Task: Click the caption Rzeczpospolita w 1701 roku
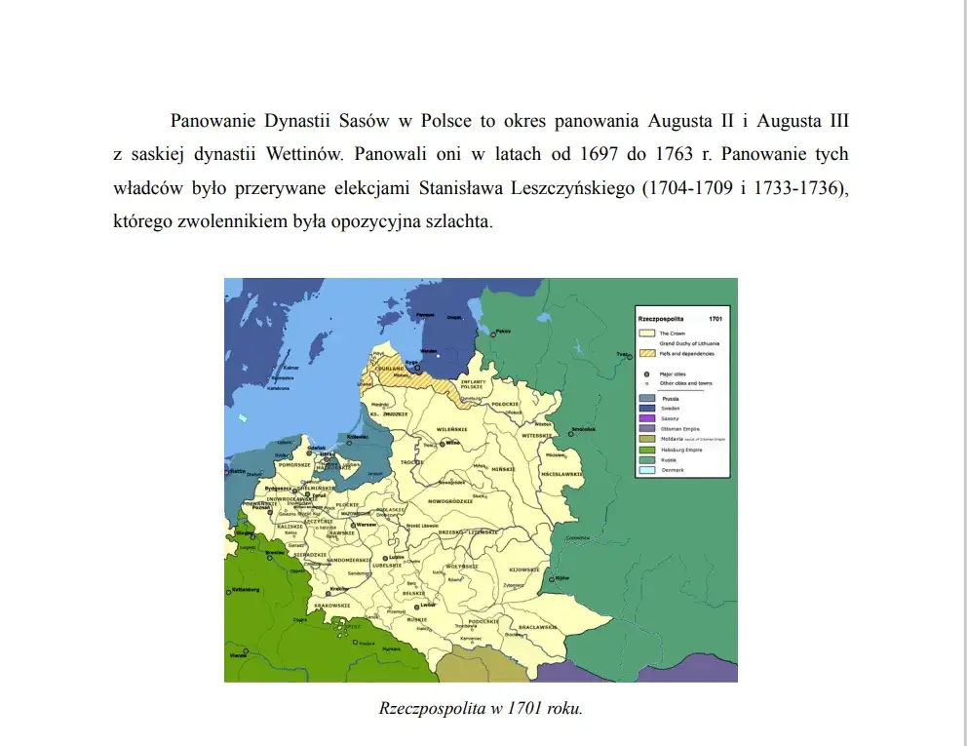[481, 709]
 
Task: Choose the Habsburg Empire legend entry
[673, 450]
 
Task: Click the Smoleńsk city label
[583, 429]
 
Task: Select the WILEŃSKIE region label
[453, 428]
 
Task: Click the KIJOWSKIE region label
[524, 569]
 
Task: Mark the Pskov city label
[503, 333]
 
